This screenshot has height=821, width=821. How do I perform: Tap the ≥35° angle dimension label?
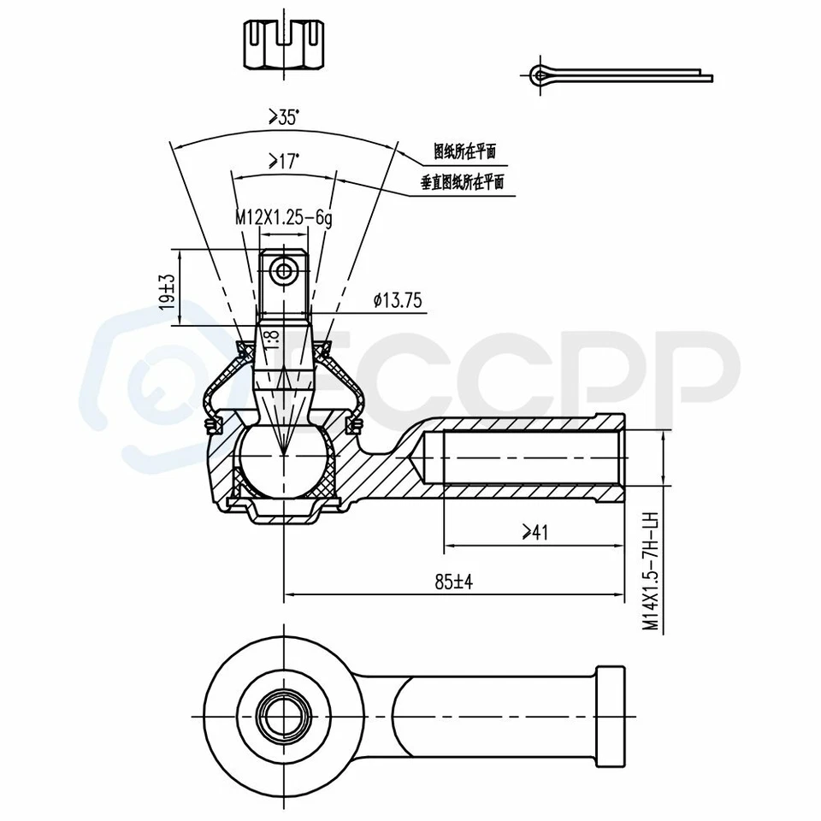pyautogui.click(x=283, y=118)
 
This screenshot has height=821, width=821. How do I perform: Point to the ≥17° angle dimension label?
pyautogui.click(x=282, y=160)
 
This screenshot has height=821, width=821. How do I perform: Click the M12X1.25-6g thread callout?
pyautogui.click(x=283, y=218)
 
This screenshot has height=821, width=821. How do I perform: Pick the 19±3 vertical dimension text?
pyautogui.click(x=168, y=291)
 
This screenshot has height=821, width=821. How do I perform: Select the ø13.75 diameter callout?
pyautogui.click(x=398, y=299)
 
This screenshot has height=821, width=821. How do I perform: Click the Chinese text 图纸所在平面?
pyautogui.click(x=464, y=152)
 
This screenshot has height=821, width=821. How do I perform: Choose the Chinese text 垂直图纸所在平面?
pyautogui.click(x=462, y=181)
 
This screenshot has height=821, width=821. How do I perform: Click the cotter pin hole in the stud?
pyautogui.click(x=283, y=271)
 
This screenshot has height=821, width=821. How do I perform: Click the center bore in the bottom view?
pyautogui.click(x=283, y=712)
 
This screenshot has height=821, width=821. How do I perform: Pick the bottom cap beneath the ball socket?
pyautogui.click(x=283, y=514)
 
